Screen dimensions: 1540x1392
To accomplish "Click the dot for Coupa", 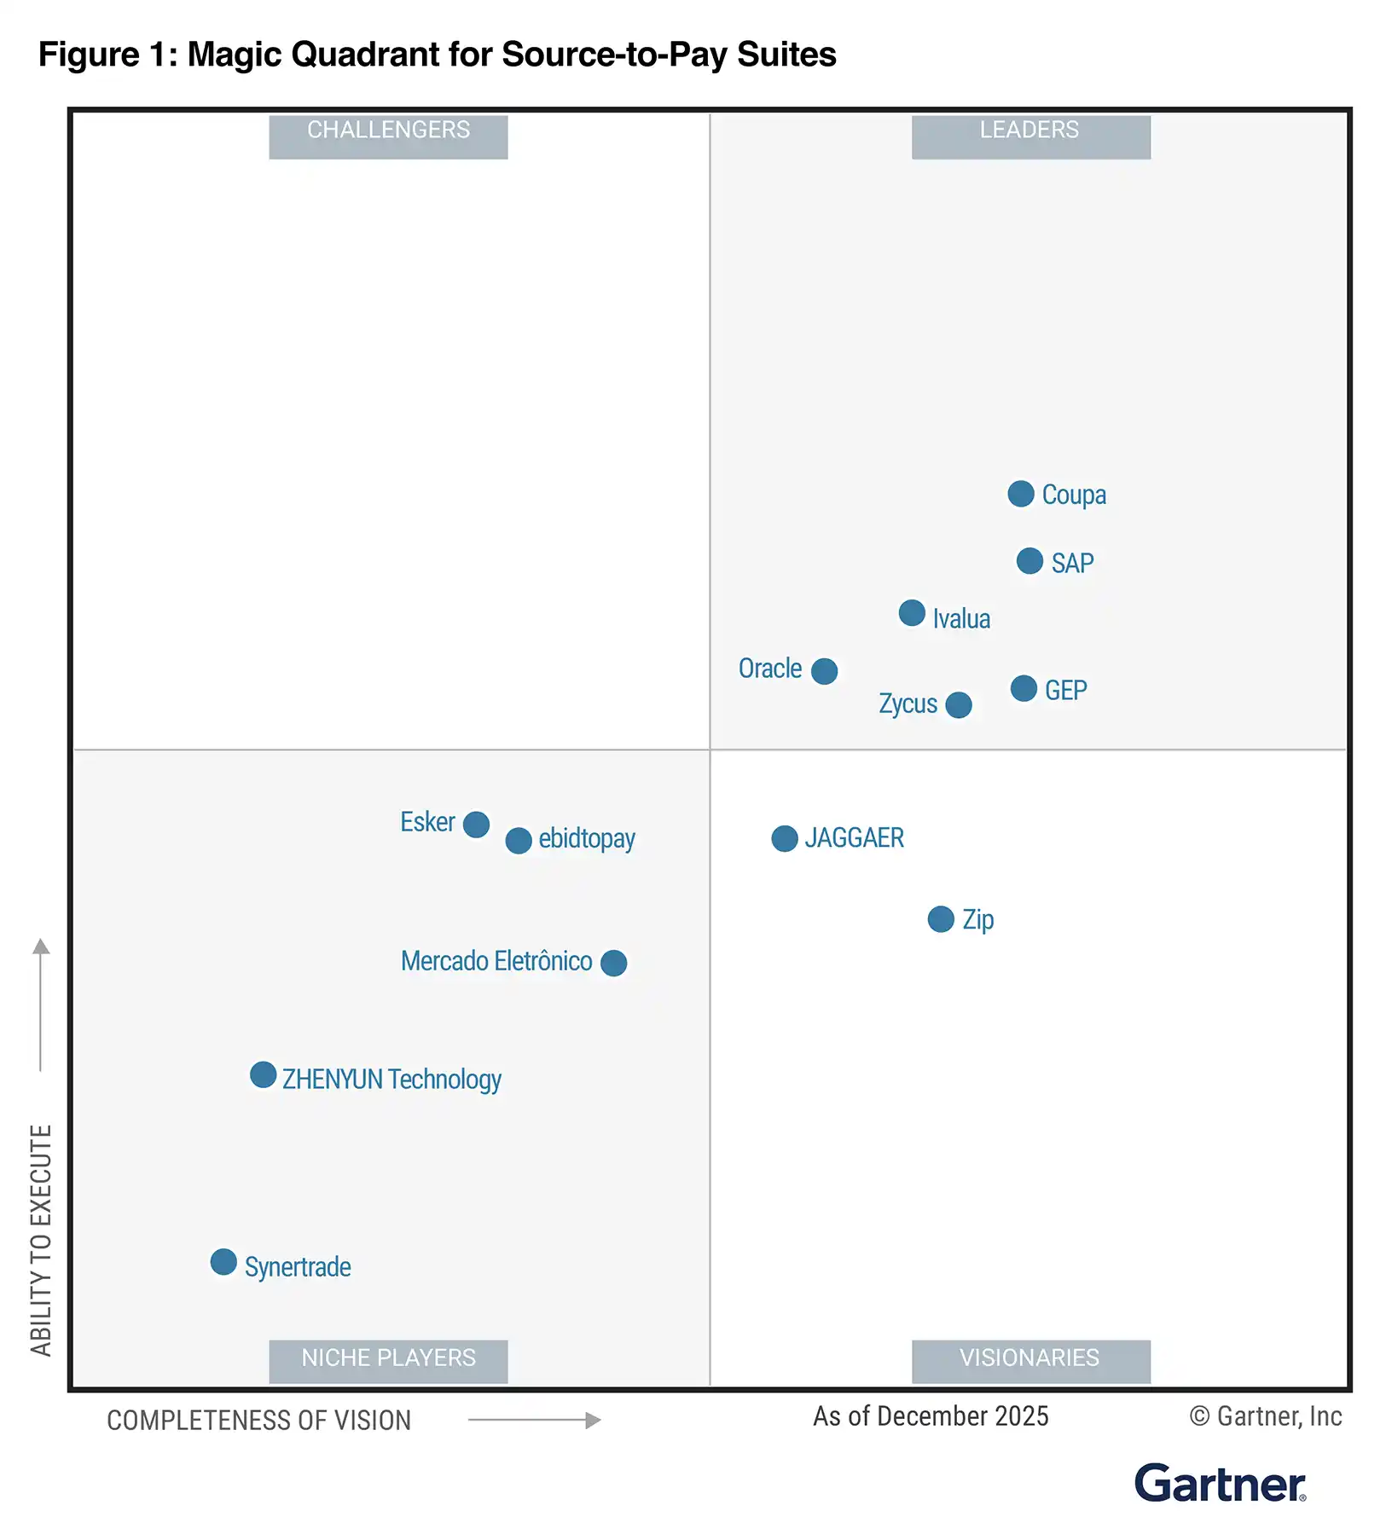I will (1020, 494).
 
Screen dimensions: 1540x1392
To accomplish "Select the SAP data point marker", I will (1029, 561).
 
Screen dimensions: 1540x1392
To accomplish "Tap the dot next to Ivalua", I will (912, 613).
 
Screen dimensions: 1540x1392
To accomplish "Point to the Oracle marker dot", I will (824, 671).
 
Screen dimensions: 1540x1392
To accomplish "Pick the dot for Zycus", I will (959, 705).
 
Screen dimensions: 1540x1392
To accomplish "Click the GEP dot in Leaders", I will (1024, 688).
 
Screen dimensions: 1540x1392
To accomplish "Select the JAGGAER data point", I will (785, 839).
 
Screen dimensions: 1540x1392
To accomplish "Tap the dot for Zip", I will (941, 919).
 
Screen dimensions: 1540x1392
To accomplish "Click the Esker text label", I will (427, 822).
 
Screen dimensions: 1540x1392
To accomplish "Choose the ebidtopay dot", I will (519, 841).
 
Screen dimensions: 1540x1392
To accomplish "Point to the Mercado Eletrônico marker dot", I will (613, 964).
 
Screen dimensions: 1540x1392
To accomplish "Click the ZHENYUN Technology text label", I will (391, 1080).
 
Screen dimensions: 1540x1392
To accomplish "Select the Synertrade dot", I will (223, 1262).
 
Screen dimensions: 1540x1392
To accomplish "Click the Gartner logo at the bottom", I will (1220, 1484).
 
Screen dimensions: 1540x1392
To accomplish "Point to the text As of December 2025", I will (931, 1416).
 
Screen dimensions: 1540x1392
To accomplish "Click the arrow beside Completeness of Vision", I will (534, 1420).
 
